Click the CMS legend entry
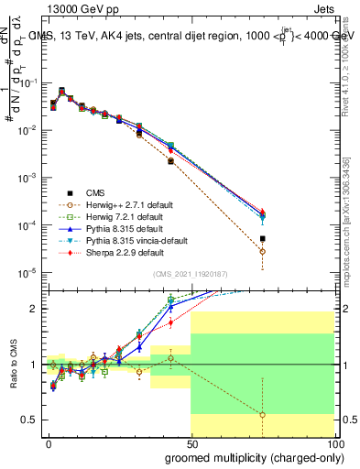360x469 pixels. (94, 192)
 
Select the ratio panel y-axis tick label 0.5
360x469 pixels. (31, 420)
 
